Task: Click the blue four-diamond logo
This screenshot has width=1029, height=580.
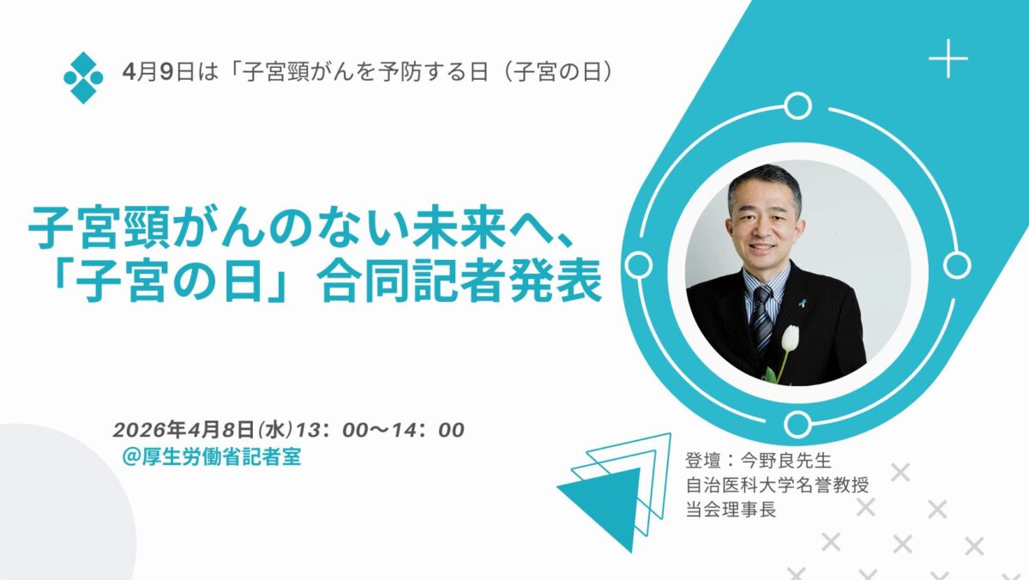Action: tap(83, 77)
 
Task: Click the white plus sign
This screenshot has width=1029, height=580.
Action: tap(948, 59)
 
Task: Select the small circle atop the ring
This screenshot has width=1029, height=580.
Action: tap(797, 106)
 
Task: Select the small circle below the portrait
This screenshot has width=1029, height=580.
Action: tap(797, 423)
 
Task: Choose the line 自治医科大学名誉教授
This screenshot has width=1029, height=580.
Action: tap(777, 485)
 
